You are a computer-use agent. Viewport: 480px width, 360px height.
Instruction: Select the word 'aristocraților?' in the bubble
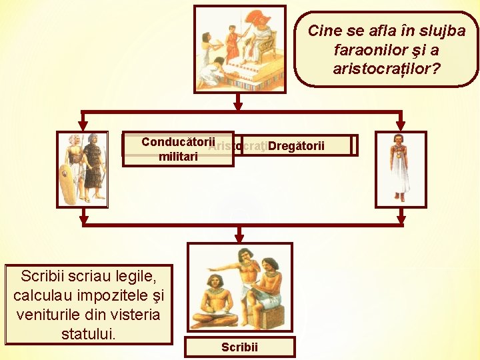click(387, 69)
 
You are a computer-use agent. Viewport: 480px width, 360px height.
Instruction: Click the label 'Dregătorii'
click(297, 145)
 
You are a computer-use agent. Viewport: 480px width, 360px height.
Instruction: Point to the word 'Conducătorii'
click(177, 141)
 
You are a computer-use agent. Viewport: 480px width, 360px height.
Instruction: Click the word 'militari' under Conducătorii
click(177, 156)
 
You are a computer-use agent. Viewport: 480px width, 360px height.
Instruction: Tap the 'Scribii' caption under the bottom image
click(239, 347)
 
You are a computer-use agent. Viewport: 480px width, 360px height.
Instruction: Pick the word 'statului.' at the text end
click(89, 333)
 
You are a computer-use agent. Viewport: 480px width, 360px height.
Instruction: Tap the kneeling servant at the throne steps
click(214, 70)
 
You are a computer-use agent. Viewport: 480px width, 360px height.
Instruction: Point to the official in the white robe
click(400, 167)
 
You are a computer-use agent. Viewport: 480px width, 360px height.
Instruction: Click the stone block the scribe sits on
click(274, 313)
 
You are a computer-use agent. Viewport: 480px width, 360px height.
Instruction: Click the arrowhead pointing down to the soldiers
click(83, 125)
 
